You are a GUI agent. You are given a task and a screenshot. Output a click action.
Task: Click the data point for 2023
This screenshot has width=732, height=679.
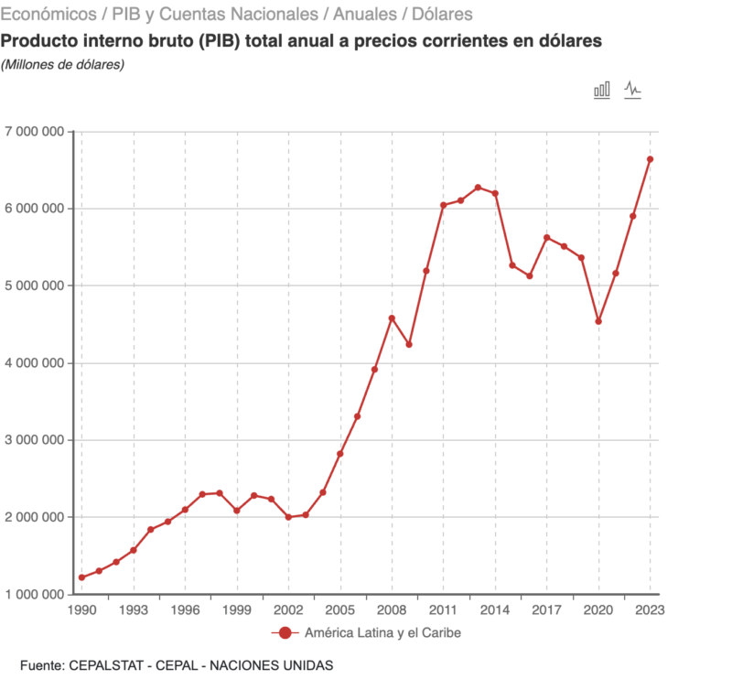(x=651, y=159)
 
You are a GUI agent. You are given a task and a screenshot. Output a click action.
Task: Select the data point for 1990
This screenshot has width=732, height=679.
(x=81, y=577)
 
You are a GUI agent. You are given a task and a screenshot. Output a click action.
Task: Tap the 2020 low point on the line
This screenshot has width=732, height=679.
(x=598, y=321)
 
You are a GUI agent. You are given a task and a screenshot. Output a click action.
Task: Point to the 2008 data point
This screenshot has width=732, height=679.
(x=392, y=318)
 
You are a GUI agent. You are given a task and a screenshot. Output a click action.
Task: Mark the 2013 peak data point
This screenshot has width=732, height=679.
(x=478, y=188)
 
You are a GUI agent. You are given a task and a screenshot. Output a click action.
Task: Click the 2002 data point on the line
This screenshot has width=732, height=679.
(x=288, y=517)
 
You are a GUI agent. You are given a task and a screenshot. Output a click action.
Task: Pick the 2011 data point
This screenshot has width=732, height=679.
(x=444, y=205)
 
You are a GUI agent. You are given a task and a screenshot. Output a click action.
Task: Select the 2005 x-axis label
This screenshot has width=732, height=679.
(x=340, y=610)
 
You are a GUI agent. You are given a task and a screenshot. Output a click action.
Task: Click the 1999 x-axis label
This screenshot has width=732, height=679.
(x=237, y=610)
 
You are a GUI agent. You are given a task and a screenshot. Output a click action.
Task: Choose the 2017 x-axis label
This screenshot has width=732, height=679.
(x=547, y=610)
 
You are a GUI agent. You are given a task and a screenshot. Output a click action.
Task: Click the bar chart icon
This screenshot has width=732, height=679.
(x=602, y=90)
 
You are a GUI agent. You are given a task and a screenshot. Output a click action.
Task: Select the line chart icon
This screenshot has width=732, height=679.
(x=632, y=90)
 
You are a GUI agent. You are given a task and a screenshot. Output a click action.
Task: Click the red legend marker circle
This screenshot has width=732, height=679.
(x=285, y=633)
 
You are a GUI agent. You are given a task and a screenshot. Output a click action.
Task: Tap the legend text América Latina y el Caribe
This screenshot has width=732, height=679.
(x=382, y=633)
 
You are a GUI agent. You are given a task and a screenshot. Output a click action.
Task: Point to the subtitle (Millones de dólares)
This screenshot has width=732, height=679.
(x=63, y=64)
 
